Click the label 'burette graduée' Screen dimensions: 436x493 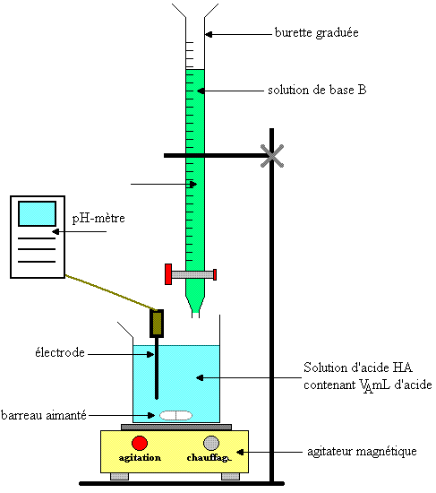click(x=316, y=33)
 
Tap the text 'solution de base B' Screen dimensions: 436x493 click(x=317, y=91)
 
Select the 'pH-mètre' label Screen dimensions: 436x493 click(x=98, y=218)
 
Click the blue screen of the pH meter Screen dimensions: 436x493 click(x=37, y=214)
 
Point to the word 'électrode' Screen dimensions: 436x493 click(x=60, y=353)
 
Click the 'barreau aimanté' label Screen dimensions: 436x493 click(x=44, y=415)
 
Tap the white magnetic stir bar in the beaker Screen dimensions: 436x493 click(x=175, y=415)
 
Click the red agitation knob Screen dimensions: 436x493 click(x=140, y=444)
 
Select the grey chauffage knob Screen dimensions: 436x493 click(x=211, y=444)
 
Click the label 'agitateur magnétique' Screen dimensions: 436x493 click(x=362, y=452)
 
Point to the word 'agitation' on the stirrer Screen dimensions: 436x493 click(x=140, y=458)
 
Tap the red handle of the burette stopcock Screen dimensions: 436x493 click(x=168, y=274)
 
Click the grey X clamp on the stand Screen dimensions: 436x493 click(x=272, y=156)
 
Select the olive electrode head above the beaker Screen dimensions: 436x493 click(x=157, y=324)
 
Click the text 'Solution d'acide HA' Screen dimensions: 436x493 click(x=358, y=368)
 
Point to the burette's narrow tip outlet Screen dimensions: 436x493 click(x=195, y=315)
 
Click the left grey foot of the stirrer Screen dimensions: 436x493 click(x=119, y=477)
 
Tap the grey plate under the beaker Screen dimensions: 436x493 click(x=176, y=427)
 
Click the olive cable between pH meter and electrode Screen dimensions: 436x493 click(x=111, y=292)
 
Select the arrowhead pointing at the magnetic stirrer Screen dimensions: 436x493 click(x=240, y=452)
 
